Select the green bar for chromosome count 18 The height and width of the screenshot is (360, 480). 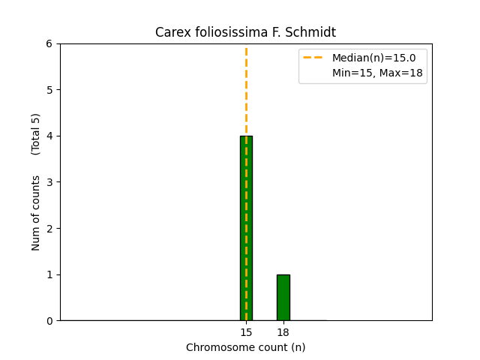(283, 297)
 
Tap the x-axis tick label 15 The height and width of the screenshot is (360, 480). (246, 332)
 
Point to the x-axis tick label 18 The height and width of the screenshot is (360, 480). (283, 332)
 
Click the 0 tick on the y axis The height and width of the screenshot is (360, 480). (49, 321)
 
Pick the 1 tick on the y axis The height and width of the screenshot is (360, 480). (49, 274)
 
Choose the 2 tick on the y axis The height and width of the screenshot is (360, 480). (49, 228)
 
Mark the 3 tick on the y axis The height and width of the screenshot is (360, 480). (49, 182)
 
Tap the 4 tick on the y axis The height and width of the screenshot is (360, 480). (49, 136)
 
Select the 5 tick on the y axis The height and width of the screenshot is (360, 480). (49, 90)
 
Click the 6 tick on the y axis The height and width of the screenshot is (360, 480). (49, 43)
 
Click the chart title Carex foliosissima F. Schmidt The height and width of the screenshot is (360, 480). (245, 32)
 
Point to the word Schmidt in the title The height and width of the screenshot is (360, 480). (315, 32)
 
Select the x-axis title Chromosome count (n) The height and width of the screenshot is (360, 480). (245, 347)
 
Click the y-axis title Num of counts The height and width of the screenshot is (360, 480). (36, 214)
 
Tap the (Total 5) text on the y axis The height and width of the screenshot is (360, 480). (36, 133)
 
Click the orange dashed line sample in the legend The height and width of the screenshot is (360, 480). (313, 58)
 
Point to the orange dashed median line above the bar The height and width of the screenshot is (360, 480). (246, 90)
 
